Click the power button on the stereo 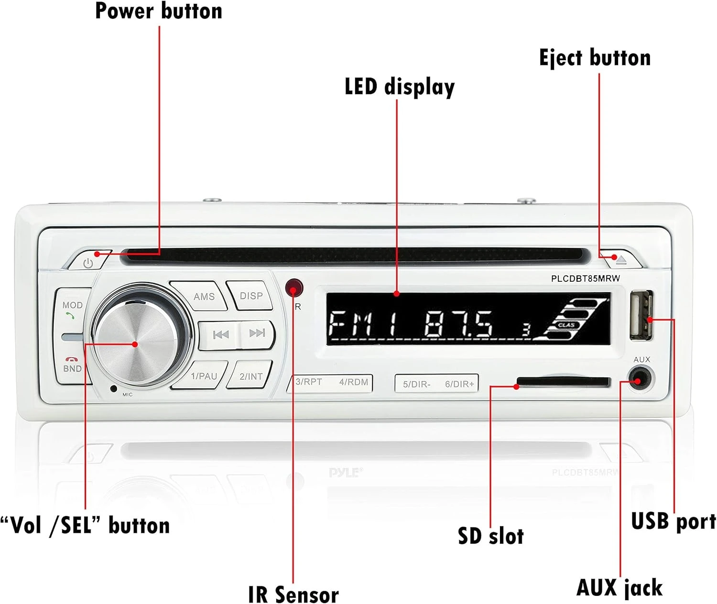click(x=89, y=262)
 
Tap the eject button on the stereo click(x=621, y=260)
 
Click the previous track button click(x=220, y=334)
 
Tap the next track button click(x=257, y=333)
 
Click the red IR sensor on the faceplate click(x=294, y=288)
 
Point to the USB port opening click(x=641, y=316)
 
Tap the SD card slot click(x=564, y=382)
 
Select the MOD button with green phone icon click(x=72, y=309)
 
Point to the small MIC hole click(x=113, y=389)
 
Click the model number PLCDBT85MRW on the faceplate click(x=585, y=279)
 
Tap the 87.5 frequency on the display click(x=458, y=325)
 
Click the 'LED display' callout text click(x=400, y=87)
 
